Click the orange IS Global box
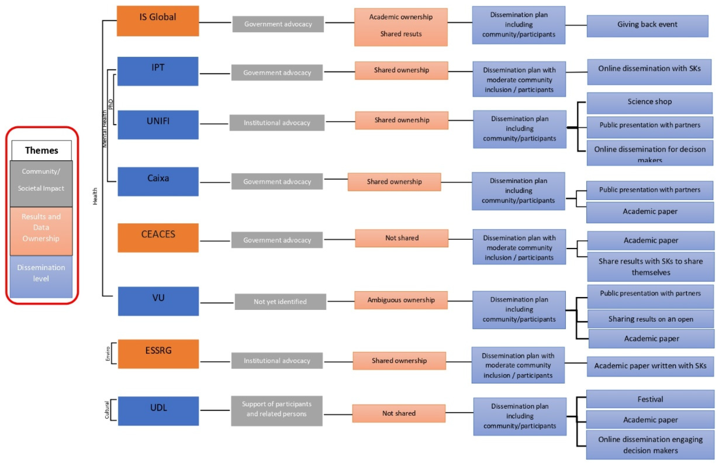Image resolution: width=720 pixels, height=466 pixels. click(x=158, y=21)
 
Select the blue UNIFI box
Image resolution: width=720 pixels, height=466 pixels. click(x=158, y=124)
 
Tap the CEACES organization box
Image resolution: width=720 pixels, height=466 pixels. click(x=158, y=237)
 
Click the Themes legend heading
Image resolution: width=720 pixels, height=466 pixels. click(x=41, y=150)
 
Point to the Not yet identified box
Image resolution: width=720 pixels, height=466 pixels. click(x=280, y=301)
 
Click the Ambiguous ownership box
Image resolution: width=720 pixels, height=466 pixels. click(x=401, y=300)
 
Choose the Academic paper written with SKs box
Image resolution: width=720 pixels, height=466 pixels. click(x=650, y=366)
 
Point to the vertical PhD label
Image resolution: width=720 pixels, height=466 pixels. click(x=111, y=104)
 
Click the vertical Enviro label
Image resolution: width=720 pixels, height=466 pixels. click(x=108, y=353)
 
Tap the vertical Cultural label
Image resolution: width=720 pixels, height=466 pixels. click(x=107, y=410)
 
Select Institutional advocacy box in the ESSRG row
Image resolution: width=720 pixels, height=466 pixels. click(x=277, y=360)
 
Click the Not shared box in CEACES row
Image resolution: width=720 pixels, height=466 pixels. click(x=401, y=238)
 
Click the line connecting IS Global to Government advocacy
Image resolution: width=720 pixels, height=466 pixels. click(x=215, y=22)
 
